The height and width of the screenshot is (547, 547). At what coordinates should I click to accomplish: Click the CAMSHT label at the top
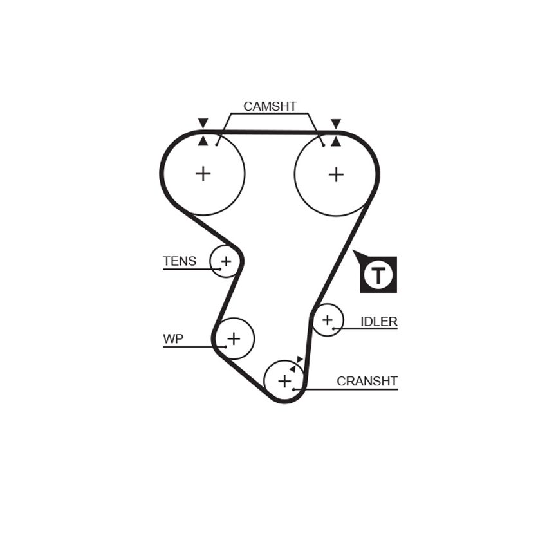[x=270, y=106]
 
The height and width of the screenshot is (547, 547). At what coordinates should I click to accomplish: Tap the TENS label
[x=180, y=261]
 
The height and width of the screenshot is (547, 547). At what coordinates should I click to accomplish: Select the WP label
[x=173, y=338]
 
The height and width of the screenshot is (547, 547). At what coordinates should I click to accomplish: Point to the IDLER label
[x=379, y=321]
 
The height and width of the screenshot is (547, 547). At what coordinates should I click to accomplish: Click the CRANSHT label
[x=367, y=382]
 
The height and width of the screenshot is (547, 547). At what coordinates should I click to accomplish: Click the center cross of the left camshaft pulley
[x=203, y=174]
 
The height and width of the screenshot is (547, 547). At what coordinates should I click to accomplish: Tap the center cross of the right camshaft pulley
[x=337, y=174]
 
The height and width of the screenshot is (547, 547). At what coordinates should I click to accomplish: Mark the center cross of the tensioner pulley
[x=226, y=261]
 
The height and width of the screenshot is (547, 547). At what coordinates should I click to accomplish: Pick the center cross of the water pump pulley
[x=234, y=338]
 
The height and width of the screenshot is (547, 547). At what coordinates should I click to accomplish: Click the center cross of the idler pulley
[x=327, y=320]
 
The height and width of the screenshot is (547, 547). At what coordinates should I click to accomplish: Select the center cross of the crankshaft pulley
[x=284, y=381]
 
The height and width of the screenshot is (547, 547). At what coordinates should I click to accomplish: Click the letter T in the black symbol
[x=378, y=275]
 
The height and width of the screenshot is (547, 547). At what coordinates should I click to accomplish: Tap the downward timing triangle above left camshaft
[x=203, y=123]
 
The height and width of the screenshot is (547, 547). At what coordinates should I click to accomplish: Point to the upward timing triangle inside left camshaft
[x=203, y=141]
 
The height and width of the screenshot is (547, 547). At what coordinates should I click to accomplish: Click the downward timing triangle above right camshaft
[x=336, y=124]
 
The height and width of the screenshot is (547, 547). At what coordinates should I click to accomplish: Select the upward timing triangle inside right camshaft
[x=336, y=142]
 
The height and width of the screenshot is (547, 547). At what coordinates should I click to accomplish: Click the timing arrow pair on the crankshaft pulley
[x=296, y=364]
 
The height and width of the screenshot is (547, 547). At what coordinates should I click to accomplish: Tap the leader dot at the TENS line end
[x=220, y=269]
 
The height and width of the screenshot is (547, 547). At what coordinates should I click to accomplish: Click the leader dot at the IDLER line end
[x=333, y=329]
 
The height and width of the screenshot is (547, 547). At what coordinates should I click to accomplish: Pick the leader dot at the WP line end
[x=226, y=347]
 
